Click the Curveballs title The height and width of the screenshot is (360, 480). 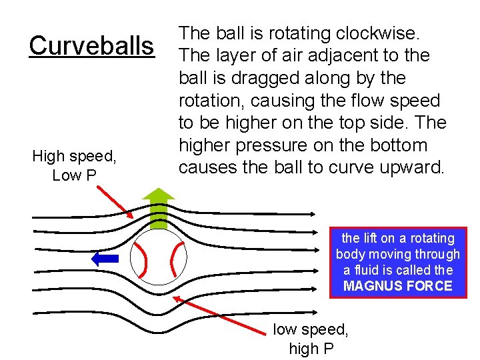coord(91,46)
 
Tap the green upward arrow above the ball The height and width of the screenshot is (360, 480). coord(159,207)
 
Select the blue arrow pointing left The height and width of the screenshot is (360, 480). coord(105,258)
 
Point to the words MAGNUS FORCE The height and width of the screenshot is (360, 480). coord(397,287)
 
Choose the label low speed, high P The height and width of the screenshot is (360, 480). coord(311,339)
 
